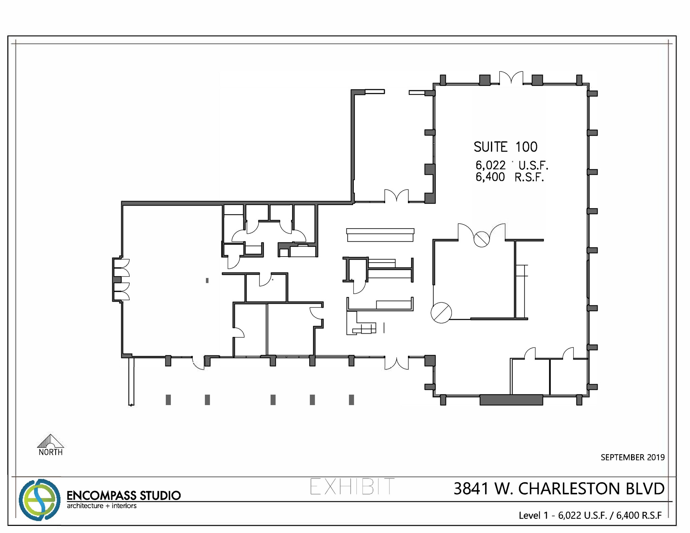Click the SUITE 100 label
point(505,147)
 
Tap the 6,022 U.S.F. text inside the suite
point(511,165)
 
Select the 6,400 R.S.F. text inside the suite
point(509,177)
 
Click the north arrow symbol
point(51,441)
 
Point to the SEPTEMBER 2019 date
point(632,457)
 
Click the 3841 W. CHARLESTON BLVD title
point(559,489)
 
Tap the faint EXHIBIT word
point(352,487)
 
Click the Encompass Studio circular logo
point(39,500)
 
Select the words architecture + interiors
point(101,506)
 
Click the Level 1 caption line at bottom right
point(590,515)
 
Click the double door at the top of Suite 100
point(511,78)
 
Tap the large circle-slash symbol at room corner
point(441,313)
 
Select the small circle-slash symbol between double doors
point(481,239)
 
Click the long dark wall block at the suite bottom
point(511,400)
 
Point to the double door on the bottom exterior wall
point(397,363)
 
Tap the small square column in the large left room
point(207,280)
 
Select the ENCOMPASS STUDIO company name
point(124,495)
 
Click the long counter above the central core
point(380,235)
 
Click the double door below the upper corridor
point(397,196)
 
